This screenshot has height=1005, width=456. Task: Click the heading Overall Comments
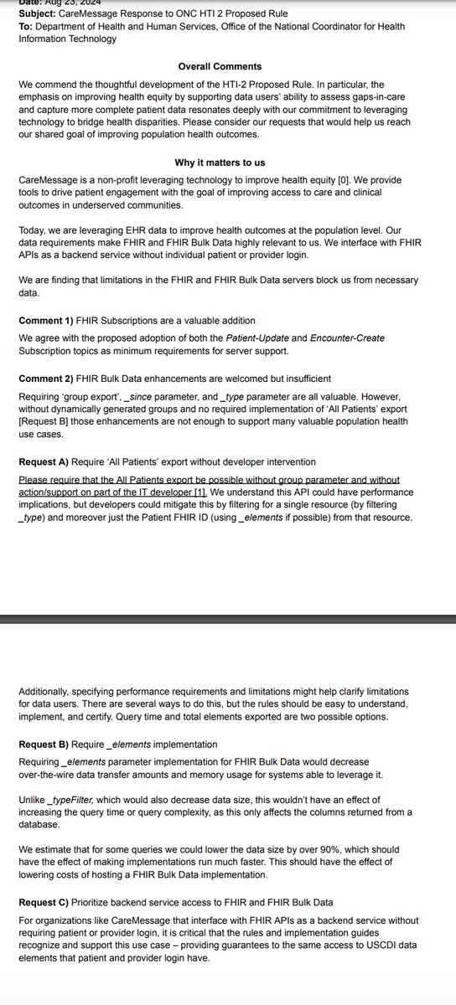[x=220, y=66]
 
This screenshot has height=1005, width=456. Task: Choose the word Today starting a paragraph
[x=34, y=229]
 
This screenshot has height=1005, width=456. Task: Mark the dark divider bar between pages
[x=228, y=620]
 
